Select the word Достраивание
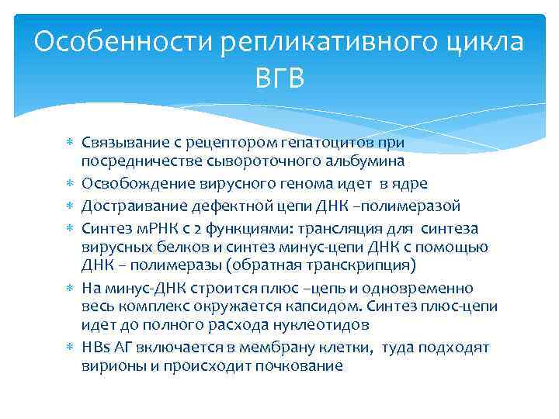coord(130,206)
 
